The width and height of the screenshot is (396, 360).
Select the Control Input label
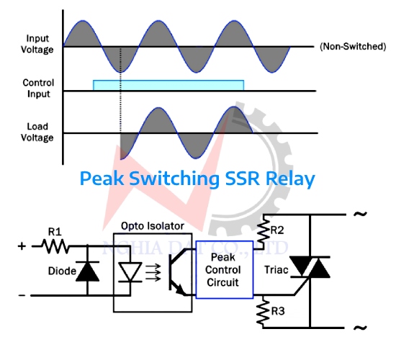[38, 87]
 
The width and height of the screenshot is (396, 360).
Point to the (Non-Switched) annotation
[352, 46]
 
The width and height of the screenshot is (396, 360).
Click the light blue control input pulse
[168, 85]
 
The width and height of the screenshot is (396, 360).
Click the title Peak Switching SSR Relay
[197, 179]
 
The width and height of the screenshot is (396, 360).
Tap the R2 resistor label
[277, 231]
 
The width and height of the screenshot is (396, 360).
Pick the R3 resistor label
[277, 312]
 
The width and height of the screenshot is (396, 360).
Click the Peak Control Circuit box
[223, 269]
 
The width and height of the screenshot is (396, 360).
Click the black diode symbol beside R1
[88, 271]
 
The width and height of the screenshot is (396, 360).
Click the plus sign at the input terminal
[21, 246]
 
